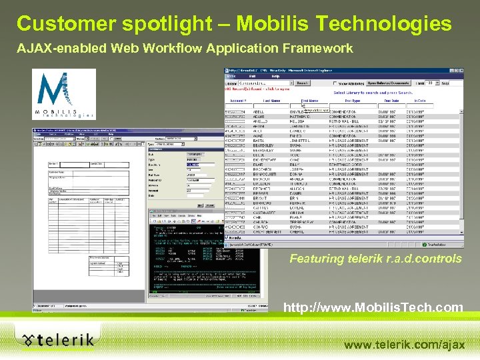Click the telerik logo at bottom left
[x=57, y=339]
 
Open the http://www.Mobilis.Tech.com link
[x=373, y=307]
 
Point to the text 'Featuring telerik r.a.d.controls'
[x=375, y=259]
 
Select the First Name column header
[x=310, y=100]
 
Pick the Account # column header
[x=238, y=100]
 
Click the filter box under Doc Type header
[x=352, y=105]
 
